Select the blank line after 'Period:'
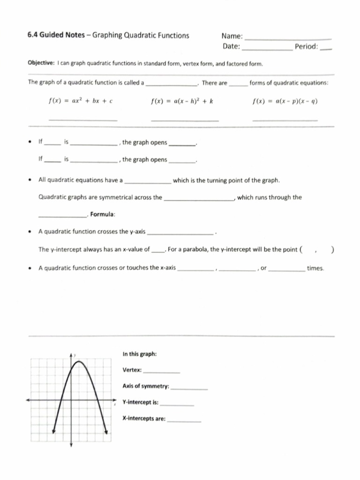[326, 49]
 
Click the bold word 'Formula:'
[103, 215]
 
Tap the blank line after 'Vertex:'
[161, 372]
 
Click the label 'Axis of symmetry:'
[146, 386]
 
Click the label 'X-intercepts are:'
[144, 419]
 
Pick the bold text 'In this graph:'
[140, 354]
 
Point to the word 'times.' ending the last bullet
[315, 268]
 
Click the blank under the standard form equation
[83, 120]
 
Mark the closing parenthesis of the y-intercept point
[332, 249]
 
